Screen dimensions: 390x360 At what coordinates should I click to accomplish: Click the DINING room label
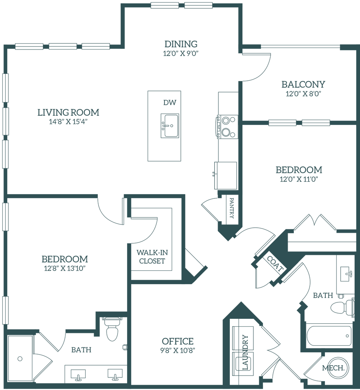181,43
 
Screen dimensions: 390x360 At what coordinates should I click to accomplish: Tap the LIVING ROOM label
68,113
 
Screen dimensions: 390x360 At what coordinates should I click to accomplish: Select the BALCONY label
303,85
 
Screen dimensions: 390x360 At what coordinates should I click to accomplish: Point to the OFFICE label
177,340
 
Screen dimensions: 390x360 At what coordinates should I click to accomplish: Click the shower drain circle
20,358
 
